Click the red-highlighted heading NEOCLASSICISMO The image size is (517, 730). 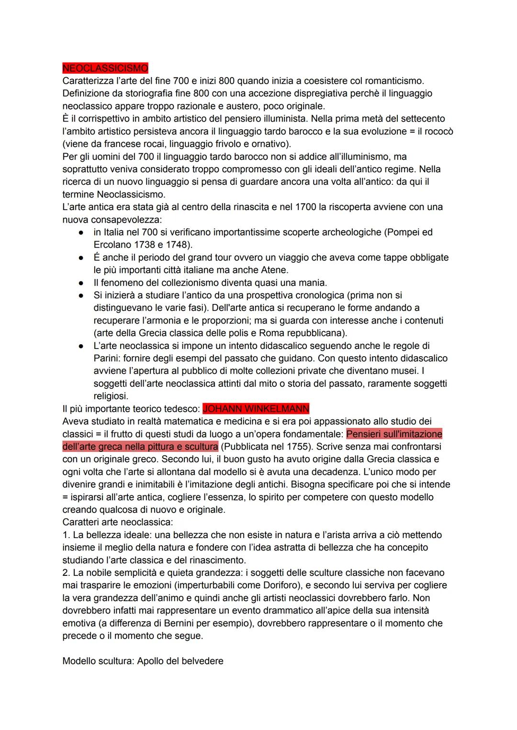[105, 68]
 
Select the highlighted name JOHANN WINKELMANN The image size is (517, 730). [256, 409]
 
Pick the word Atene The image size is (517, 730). [274, 270]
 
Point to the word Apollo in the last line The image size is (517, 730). [151, 661]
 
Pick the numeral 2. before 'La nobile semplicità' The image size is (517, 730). [67, 573]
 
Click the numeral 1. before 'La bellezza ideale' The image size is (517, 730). [67, 535]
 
